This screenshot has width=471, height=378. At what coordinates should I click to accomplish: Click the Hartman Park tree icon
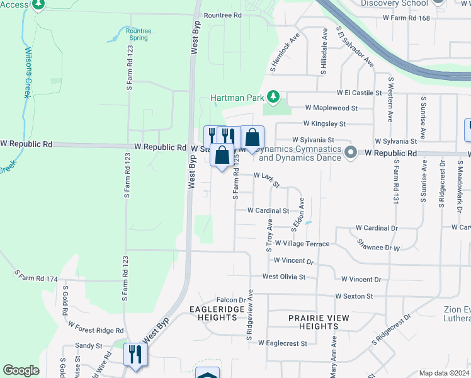tap(273, 96)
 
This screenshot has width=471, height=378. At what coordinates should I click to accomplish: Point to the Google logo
tap(21, 370)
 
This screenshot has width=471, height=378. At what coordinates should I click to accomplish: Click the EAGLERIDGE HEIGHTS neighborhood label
tap(213, 313)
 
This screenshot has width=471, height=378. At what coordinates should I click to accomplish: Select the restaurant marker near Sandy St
tap(135, 354)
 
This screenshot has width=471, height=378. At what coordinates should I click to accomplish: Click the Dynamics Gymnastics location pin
tap(351, 152)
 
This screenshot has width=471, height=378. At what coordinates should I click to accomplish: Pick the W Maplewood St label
tap(331, 108)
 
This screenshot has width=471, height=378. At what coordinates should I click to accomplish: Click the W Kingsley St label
tap(324, 124)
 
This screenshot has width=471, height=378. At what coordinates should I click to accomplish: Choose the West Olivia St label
tap(283, 277)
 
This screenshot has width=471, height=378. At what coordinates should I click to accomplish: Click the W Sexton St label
tap(354, 295)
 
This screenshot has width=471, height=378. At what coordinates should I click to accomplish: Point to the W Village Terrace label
tap(302, 244)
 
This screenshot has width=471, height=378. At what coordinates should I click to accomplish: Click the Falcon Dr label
tap(230, 300)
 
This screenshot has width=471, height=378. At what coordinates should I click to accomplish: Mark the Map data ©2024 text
tap(445, 373)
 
